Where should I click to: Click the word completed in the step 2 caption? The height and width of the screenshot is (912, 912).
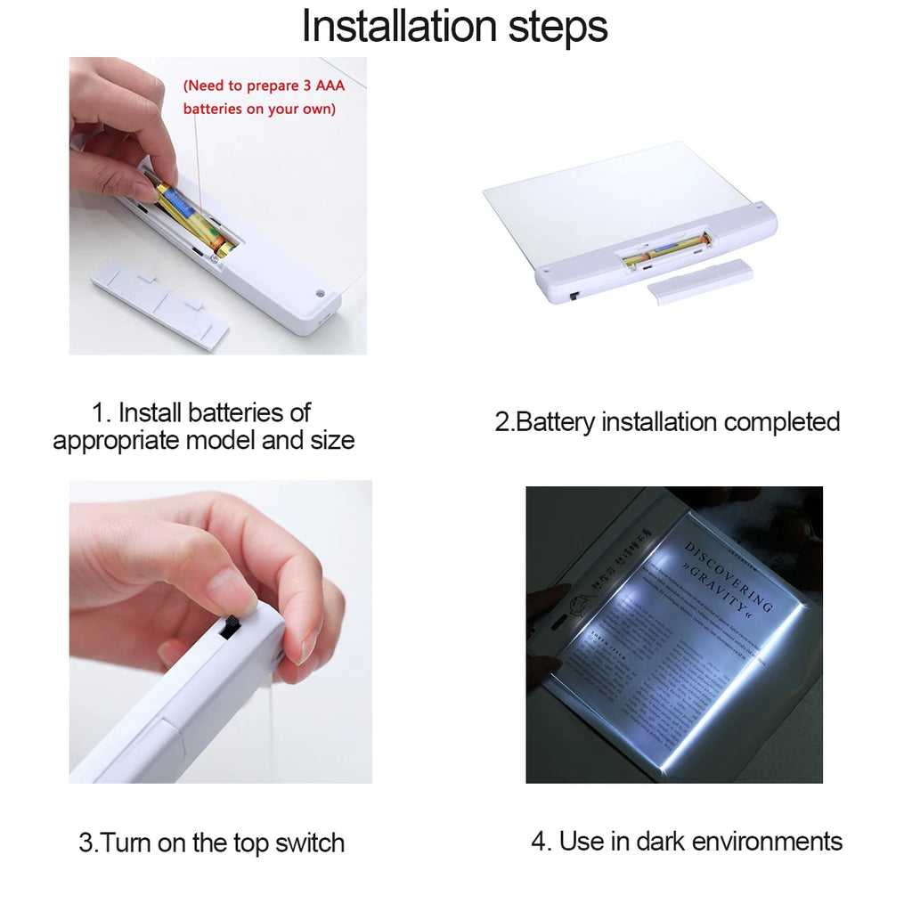781,421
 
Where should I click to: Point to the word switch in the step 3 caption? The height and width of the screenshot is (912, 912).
304,843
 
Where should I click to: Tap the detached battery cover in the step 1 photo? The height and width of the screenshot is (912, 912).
159,302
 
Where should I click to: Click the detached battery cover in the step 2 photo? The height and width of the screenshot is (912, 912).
699,281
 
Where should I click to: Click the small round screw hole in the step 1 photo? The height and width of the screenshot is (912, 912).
320,291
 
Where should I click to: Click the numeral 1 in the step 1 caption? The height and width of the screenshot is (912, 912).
99,413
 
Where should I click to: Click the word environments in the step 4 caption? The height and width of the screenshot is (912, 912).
767,841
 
